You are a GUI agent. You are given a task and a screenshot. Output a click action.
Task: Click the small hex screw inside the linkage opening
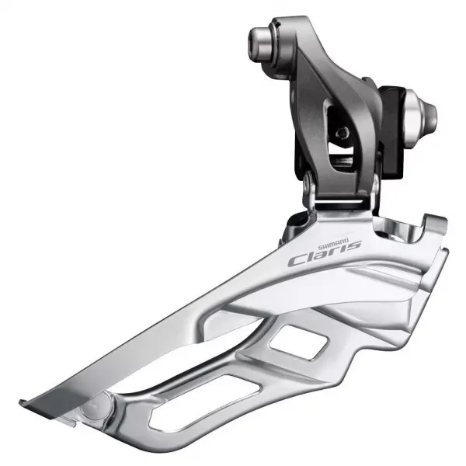pos(343,133)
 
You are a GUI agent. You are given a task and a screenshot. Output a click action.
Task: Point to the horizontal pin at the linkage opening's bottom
pos(342,162)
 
